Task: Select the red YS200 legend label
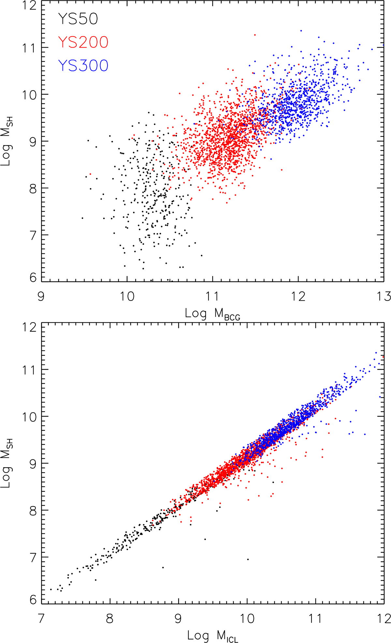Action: click(83, 42)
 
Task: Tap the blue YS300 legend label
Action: click(83, 65)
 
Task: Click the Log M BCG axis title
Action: click(212, 314)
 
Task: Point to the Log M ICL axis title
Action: click(212, 636)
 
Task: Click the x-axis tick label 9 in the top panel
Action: click(41, 297)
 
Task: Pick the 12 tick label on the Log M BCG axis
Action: click(298, 297)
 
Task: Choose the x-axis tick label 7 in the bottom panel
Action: click(41, 618)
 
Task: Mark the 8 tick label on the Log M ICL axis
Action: click(110, 618)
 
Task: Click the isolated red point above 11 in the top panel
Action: click(255, 35)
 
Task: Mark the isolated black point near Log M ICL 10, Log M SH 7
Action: click(248, 559)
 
